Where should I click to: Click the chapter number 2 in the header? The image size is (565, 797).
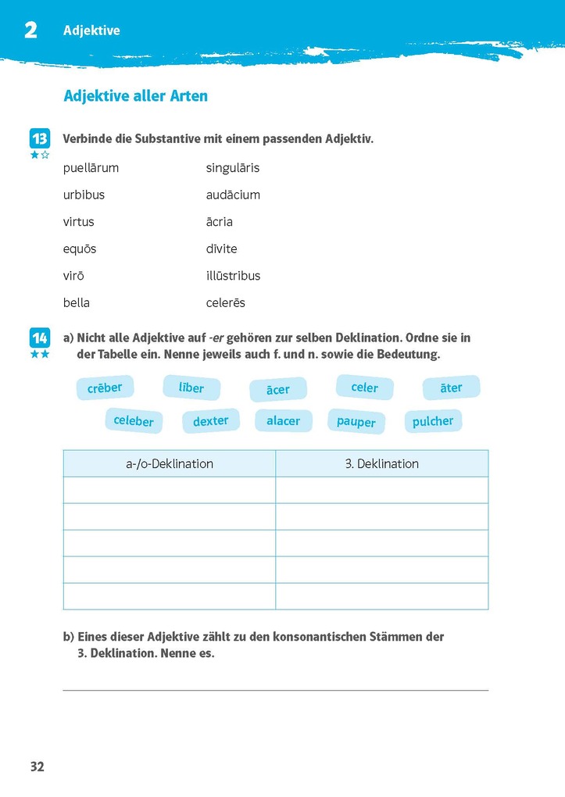31,30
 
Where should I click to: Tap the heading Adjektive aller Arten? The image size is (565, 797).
135,96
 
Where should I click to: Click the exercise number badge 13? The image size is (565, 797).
40,139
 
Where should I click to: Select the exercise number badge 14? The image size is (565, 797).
40,338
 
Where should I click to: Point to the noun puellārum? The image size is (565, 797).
91,168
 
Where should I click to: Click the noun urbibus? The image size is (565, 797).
84,195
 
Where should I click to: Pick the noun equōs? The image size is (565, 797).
80,248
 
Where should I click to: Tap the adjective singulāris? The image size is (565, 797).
233,168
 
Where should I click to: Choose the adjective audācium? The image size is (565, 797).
233,195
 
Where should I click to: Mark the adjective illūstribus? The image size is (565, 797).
233,276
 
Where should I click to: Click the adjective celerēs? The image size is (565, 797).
226,302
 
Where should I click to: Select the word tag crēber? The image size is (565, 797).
105,388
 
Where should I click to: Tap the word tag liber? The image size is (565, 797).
191,388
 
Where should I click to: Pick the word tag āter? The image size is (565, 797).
451,388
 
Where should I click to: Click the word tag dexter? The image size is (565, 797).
211,421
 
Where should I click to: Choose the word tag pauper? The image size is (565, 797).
356,422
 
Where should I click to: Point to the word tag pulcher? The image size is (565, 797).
433,421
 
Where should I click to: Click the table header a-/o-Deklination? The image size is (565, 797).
170,463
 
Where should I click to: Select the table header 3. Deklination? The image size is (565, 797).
382,463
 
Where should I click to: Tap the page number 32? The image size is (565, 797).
38,767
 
